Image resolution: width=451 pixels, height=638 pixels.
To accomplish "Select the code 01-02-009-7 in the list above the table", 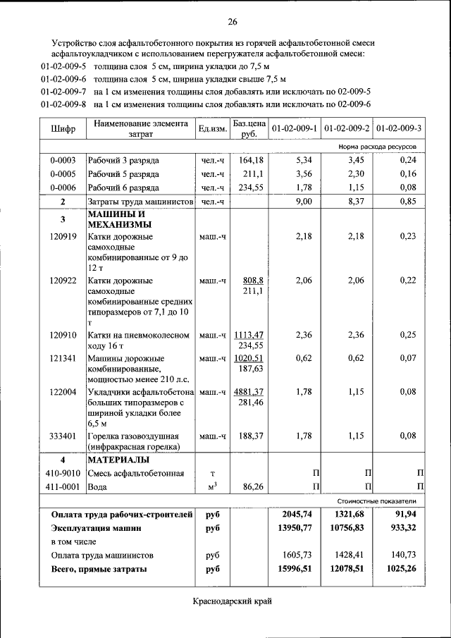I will pyautogui.click(x=63, y=92).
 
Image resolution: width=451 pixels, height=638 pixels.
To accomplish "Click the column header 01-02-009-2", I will pyautogui.click(x=347, y=128).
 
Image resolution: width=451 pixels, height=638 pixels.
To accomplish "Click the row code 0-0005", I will pyautogui.click(x=63, y=173).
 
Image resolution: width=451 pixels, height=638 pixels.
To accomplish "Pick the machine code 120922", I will pyautogui.click(x=63, y=281).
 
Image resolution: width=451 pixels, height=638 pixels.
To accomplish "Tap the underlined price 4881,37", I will pyautogui.click(x=249, y=392).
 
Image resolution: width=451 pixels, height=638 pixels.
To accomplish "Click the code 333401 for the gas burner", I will pyautogui.click(x=63, y=436).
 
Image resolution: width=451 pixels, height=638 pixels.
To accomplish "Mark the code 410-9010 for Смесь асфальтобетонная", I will pyautogui.click(x=63, y=473).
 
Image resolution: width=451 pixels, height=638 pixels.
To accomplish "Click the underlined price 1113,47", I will pyautogui.click(x=249, y=335).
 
